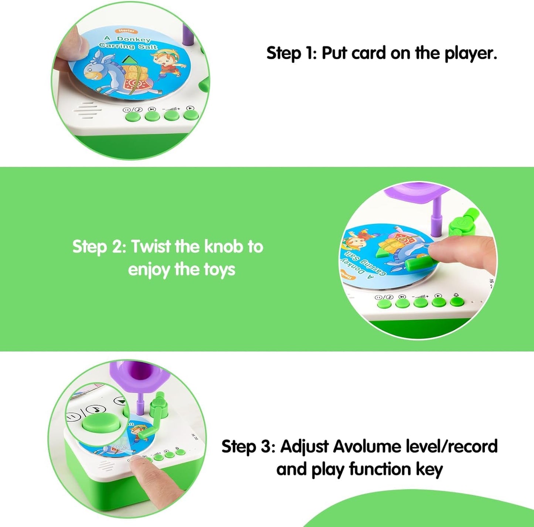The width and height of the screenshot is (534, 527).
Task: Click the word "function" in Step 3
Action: [380, 469]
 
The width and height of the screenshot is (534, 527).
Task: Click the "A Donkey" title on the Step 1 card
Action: [127, 38]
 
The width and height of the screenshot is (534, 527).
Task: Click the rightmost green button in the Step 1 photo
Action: [191, 115]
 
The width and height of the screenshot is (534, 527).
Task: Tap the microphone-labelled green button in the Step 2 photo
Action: [457, 301]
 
